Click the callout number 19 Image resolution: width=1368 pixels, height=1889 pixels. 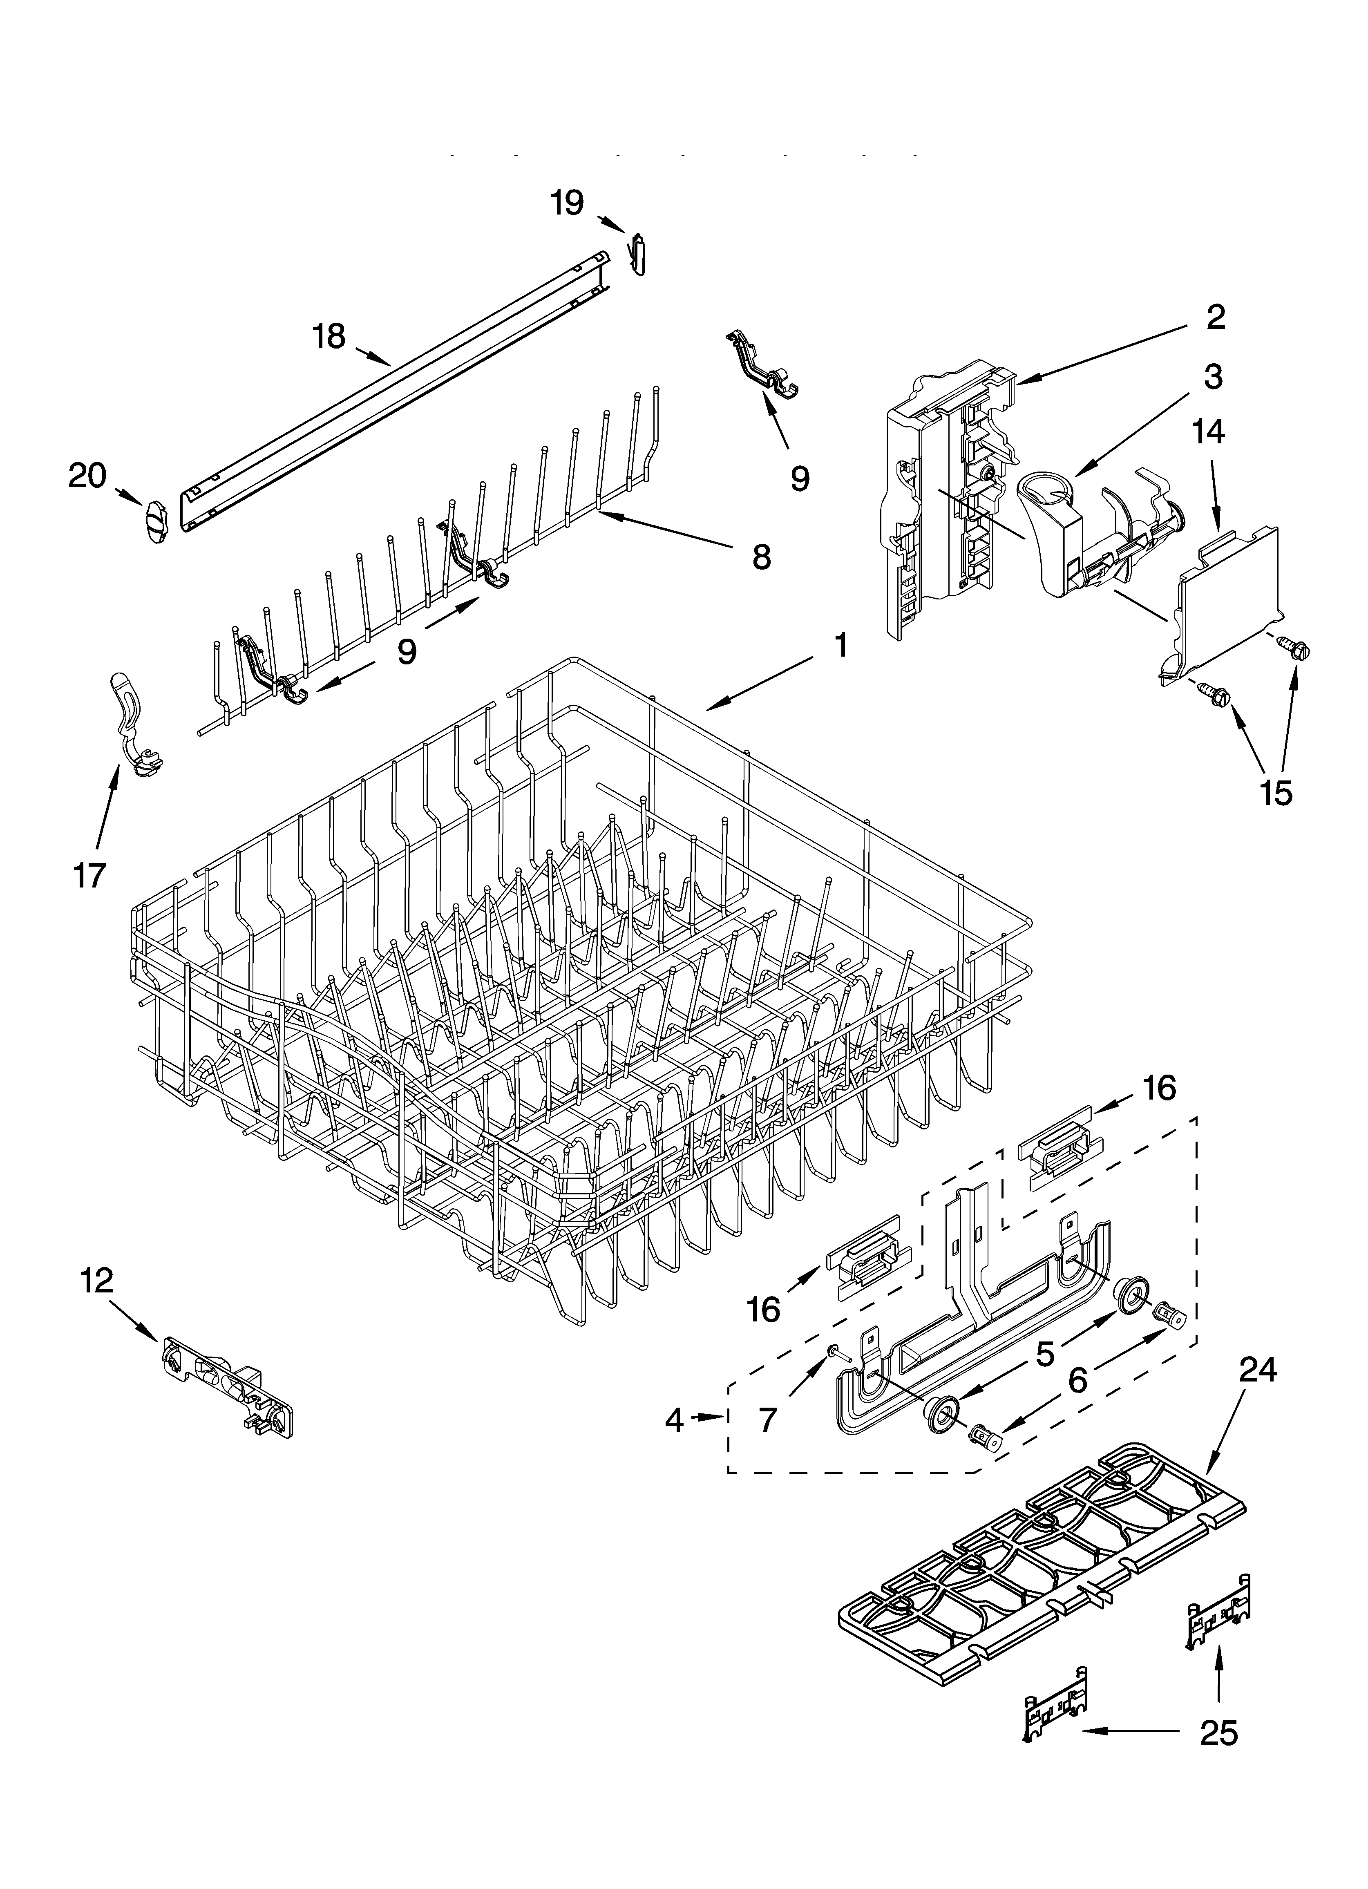click(568, 202)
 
